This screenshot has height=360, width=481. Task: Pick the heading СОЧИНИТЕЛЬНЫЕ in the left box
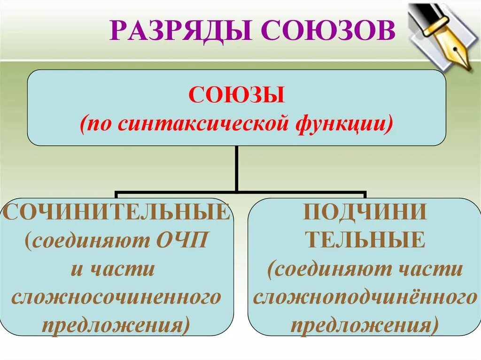click(117, 212)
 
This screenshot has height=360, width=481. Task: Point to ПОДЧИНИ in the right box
click(365, 212)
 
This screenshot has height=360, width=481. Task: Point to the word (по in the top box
click(98, 124)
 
